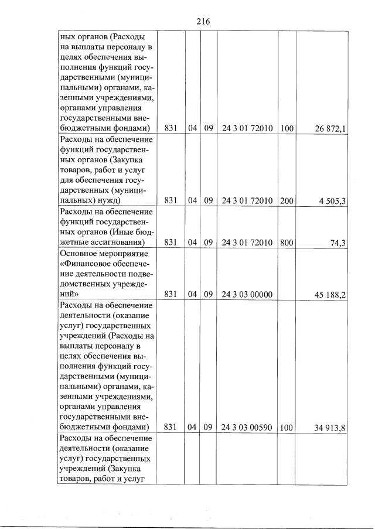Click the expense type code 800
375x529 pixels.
(x=287, y=242)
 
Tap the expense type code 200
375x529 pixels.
(x=287, y=201)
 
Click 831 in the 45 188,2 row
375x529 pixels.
(x=171, y=295)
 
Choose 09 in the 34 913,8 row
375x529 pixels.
(x=208, y=427)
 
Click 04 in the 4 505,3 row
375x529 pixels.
(x=193, y=201)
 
